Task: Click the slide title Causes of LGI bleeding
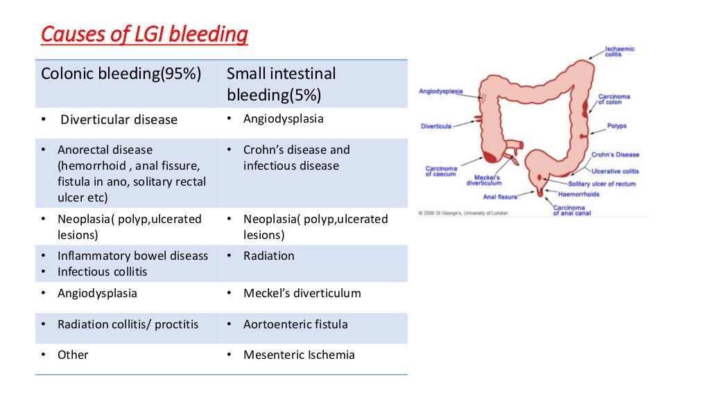pos(144,35)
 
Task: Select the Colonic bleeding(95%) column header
pos(121,74)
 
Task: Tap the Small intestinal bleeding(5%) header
pos(281,84)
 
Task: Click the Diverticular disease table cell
pos(119,120)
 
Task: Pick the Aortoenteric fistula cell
pos(295,324)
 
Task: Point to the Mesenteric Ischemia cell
pos(299,355)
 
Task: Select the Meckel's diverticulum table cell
pos(302,293)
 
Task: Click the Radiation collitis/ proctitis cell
pos(128,324)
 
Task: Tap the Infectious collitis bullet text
pos(102,272)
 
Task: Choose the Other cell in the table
pos(73,355)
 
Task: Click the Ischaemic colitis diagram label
pos(619,52)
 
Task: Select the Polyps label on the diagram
pos(616,127)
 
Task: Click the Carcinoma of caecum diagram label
pos(441,171)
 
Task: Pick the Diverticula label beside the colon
pos(436,126)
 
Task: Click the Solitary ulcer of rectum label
pos(601,184)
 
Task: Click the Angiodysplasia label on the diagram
pos(440,91)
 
